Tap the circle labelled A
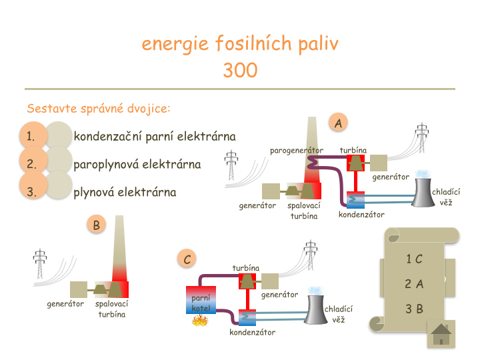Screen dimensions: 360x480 [339, 123]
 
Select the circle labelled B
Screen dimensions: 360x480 [96, 225]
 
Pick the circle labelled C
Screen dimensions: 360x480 [188, 259]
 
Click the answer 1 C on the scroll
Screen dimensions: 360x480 [414, 259]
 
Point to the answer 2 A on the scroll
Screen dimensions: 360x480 [414, 284]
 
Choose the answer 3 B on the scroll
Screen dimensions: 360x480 [414, 309]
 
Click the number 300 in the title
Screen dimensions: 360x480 [240, 70]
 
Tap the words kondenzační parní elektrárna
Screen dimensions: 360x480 [154, 137]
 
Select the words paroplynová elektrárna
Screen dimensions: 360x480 [137, 165]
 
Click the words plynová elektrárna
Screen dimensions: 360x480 [125, 193]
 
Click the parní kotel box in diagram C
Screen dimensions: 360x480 [201, 300]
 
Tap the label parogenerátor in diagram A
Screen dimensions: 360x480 [297, 151]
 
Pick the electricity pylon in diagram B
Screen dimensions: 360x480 [40, 265]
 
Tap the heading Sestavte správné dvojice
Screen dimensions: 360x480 [99, 108]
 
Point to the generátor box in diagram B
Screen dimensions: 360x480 [79, 289]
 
